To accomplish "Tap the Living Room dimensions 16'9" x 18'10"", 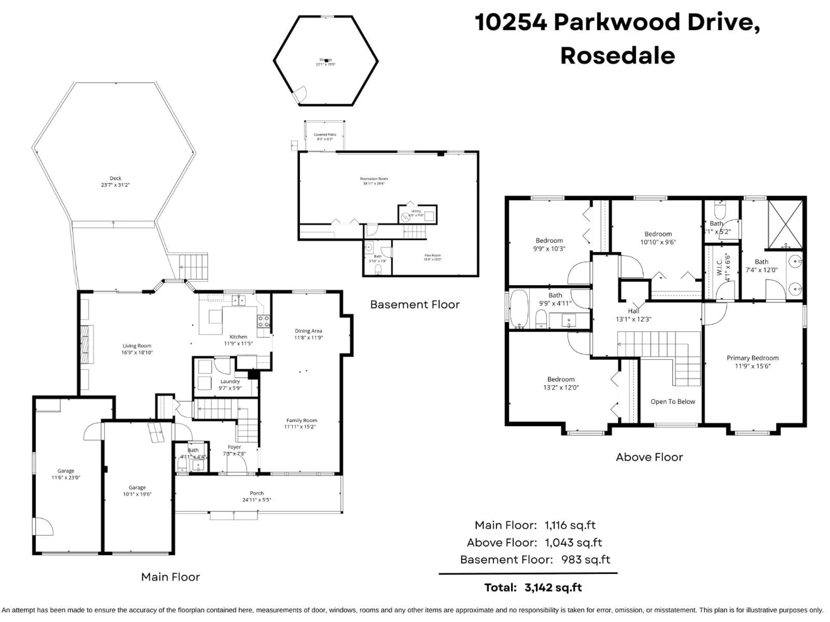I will click(x=137, y=352).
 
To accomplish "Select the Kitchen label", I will click(x=238, y=337).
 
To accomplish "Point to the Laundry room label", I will click(x=230, y=381).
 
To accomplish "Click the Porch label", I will click(x=257, y=493).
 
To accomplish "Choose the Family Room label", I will click(x=302, y=420).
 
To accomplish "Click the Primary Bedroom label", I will click(x=752, y=358).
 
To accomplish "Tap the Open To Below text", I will click(x=673, y=401).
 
